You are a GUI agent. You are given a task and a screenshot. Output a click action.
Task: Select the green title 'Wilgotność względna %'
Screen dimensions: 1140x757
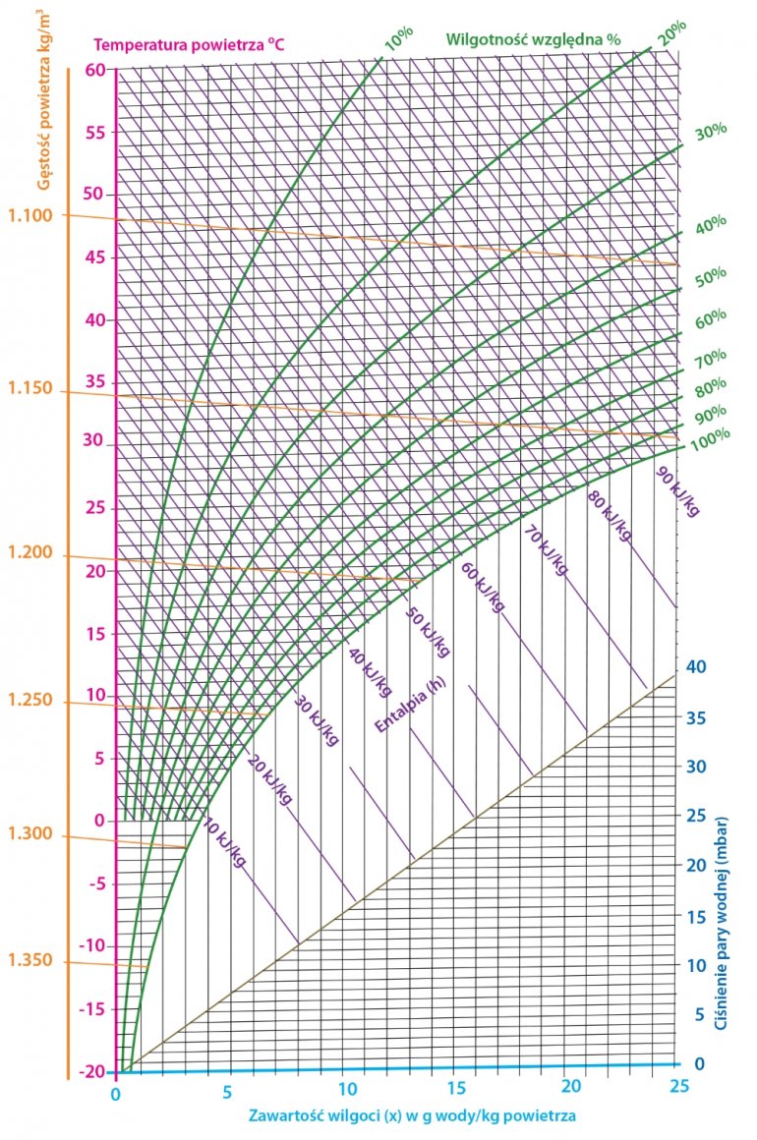coord(534,40)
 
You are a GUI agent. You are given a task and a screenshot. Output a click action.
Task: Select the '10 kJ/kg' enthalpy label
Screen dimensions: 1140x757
coord(225,841)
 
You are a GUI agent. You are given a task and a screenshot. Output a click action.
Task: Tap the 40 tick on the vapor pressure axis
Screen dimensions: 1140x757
coord(697,666)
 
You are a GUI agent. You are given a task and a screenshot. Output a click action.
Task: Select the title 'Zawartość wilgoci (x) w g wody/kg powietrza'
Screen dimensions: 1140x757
coord(412,1116)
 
